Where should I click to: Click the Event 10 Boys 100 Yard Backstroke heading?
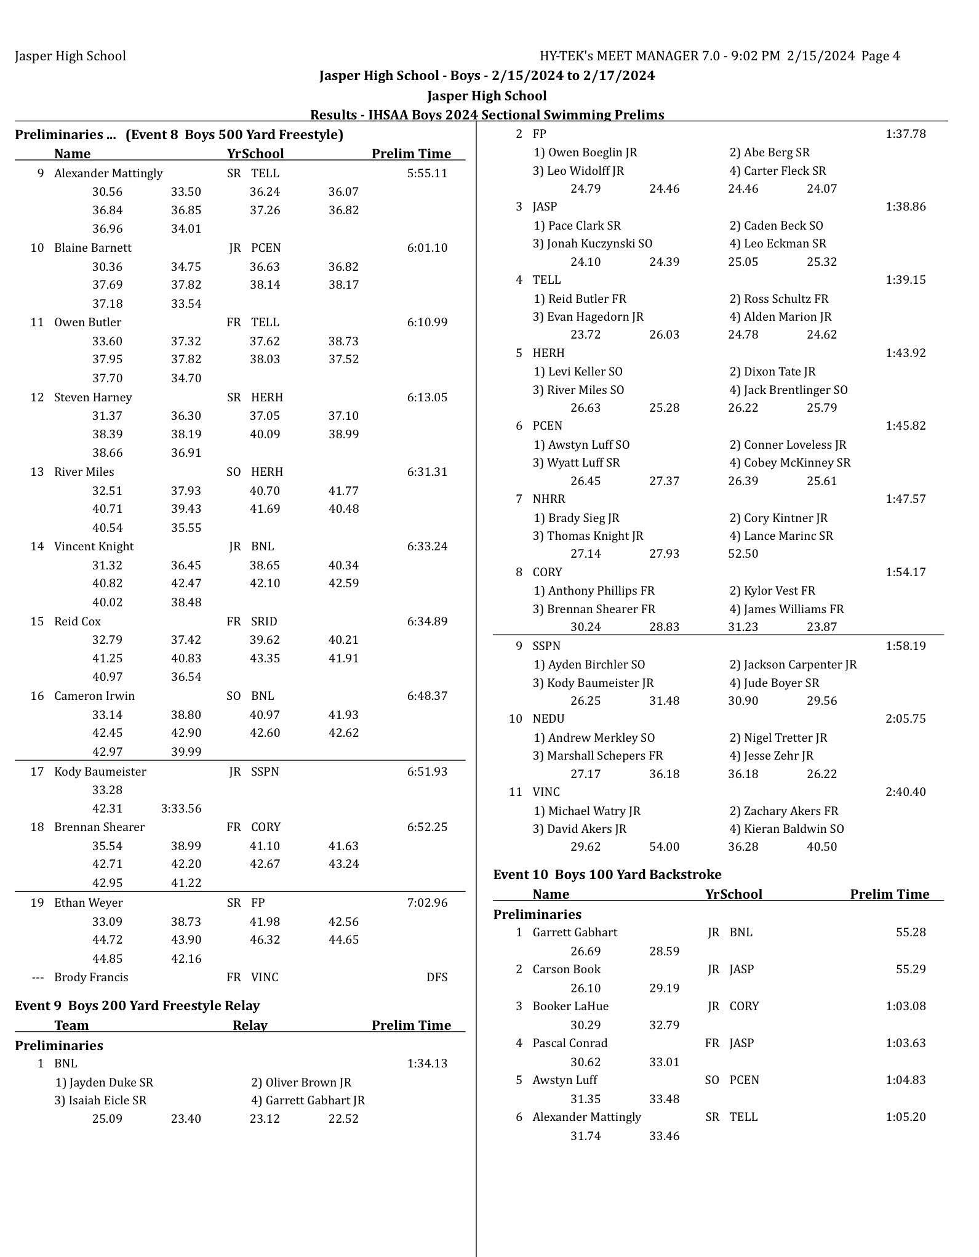pyautogui.click(x=607, y=875)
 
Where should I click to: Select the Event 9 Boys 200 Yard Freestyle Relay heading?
pyautogui.click(x=137, y=1005)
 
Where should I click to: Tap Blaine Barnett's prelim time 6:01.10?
pyautogui.click(x=427, y=248)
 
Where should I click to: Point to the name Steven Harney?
pyautogui.click(x=93, y=397)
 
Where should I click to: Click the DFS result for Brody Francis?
pyautogui.click(x=437, y=977)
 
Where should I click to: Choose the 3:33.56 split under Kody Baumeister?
pyautogui.click(x=181, y=808)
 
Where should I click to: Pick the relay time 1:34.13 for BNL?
pyautogui.click(x=427, y=1063)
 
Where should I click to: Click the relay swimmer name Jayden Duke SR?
pyautogui.click(x=104, y=1082)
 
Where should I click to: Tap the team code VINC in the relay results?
pyautogui.click(x=546, y=792)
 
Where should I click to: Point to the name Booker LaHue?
pyautogui.click(x=570, y=1006)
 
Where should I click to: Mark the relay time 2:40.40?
pyautogui.click(x=905, y=792)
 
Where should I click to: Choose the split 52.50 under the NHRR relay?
pyautogui.click(x=743, y=553)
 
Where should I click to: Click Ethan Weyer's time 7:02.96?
pyautogui.click(x=427, y=902)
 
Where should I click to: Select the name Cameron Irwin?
pyautogui.click(x=94, y=696)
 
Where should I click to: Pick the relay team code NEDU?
pyautogui.click(x=548, y=718)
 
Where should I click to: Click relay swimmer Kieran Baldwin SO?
pyautogui.click(x=787, y=829)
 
